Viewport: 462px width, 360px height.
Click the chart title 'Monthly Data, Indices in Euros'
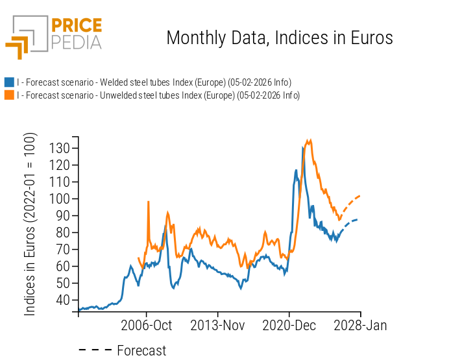[280, 38]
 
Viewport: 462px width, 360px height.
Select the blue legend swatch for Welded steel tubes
[9, 82]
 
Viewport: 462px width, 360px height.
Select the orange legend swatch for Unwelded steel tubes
[9, 95]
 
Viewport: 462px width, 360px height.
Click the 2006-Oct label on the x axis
[146, 326]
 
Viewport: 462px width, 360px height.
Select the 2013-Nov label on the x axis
[217, 326]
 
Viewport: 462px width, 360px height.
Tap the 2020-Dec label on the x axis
[289, 326]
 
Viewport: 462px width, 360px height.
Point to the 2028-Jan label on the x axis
[361, 326]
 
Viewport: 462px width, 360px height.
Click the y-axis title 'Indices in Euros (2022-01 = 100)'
[30, 224]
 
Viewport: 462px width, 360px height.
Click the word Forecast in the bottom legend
[141, 351]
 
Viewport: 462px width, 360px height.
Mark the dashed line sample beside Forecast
[95, 351]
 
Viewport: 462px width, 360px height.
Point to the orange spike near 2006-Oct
[149, 202]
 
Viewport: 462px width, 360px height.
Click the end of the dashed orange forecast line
[360, 195]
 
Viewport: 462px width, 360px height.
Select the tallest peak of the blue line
[303, 148]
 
